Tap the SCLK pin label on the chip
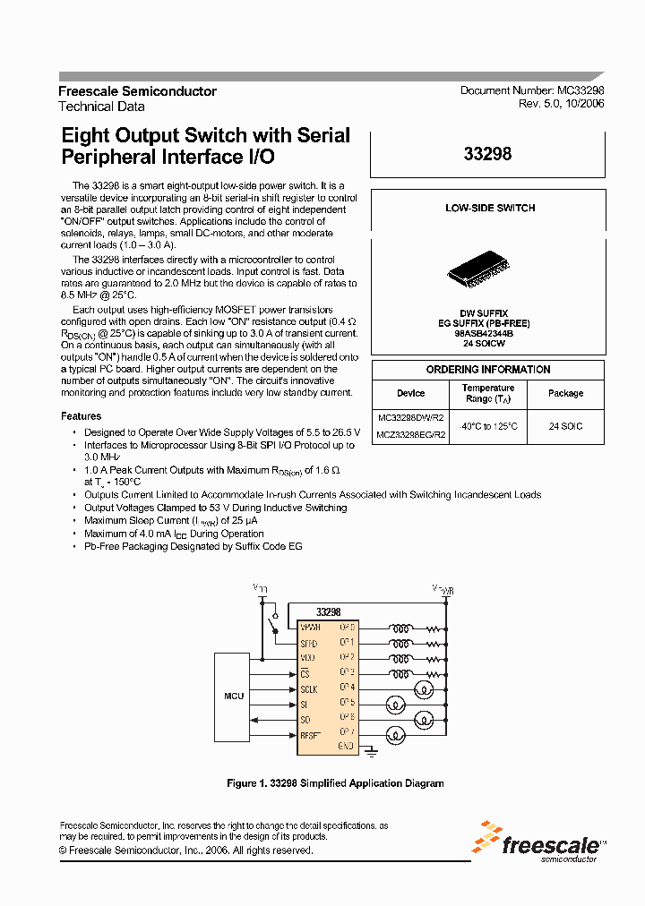tap(309, 688)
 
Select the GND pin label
tap(347, 745)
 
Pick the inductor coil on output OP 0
tap(401, 628)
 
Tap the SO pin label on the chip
tap(305, 719)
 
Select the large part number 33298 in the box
tap(488, 154)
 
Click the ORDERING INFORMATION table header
tap(488, 370)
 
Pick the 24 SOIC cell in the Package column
tap(566, 426)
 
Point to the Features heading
tap(81, 416)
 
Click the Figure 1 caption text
tap(335, 783)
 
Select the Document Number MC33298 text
tap(532, 91)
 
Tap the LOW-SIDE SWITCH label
tap(490, 208)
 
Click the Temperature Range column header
tap(488, 393)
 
